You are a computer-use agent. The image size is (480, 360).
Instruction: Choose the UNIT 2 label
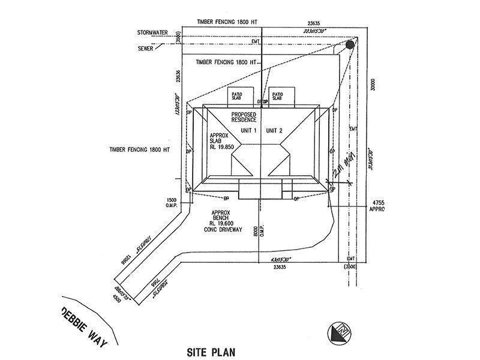pos(274,130)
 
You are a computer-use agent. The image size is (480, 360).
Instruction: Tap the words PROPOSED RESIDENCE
pos(245,117)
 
